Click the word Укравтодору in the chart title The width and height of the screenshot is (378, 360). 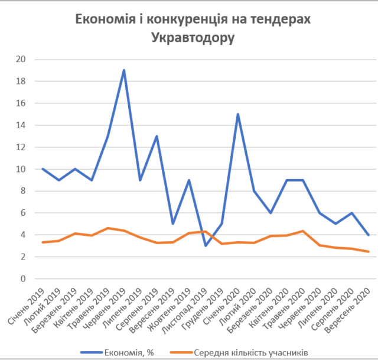tap(193, 38)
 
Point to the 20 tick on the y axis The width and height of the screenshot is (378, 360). tap(21, 59)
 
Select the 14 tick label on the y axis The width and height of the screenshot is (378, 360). tap(21, 125)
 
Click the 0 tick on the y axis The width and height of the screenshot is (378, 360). tap(24, 278)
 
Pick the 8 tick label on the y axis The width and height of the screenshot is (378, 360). tap(24, 191)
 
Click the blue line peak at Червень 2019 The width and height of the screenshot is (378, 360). tap(124, 70)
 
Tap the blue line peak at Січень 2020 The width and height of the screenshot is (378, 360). tap(238, 114)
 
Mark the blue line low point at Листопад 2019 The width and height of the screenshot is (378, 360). tap(206, 245)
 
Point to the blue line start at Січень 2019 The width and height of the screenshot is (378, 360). tap(43, 169)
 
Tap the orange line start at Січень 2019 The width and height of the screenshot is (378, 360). tap(43, 242)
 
